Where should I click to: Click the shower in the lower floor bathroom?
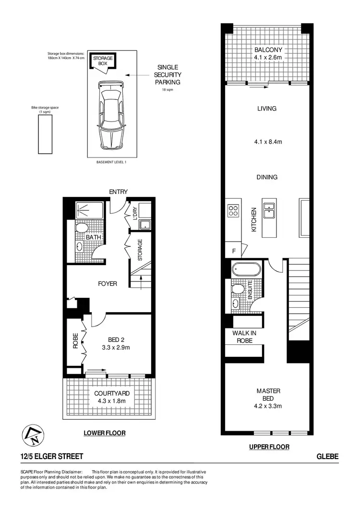(90, 209)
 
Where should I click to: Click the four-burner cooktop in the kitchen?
(233, 210)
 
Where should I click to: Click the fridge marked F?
(234, 251)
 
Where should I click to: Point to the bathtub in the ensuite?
(246, 269)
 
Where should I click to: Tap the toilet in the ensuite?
(237, 290)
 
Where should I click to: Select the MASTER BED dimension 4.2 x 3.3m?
(268, 406)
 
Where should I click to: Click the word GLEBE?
(327, 457)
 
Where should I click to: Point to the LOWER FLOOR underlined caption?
(105, 433)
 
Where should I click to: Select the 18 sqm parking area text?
(168, 89)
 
